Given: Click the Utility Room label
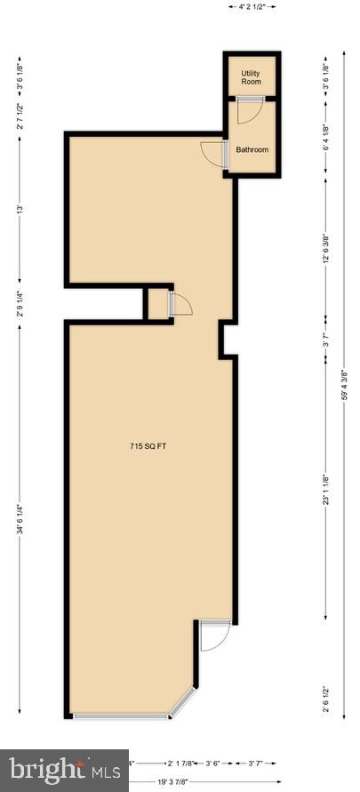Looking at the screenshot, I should (252, 76).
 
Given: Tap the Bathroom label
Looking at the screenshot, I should (252, 149).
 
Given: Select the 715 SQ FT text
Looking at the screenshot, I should (148, 447).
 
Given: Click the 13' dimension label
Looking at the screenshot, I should (19, 210).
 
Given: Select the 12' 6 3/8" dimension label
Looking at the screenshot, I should (326, 250).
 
